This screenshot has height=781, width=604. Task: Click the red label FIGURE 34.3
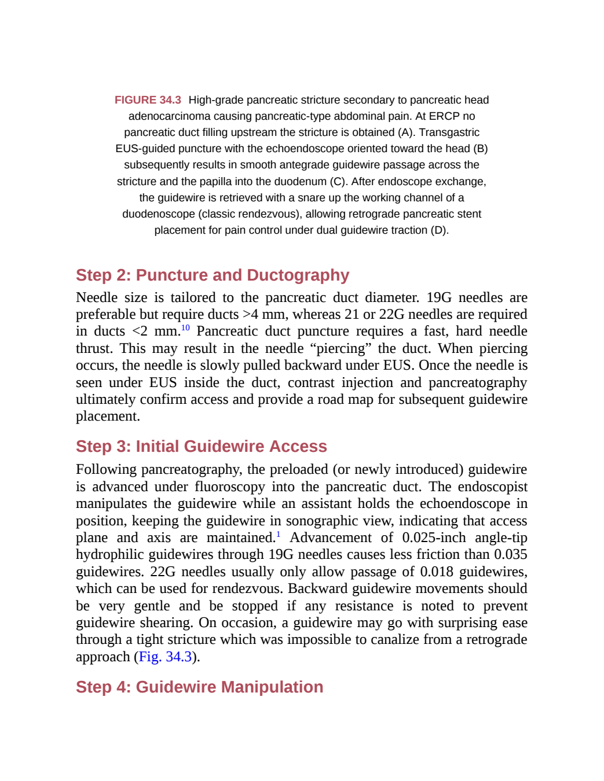click(148, 100)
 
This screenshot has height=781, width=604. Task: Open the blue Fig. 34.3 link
click(165, 657)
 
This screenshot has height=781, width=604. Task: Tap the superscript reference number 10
click(185, 327)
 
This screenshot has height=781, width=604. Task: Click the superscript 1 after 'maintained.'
click(278, 535)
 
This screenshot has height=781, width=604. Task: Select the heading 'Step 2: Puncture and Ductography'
click(213, 275)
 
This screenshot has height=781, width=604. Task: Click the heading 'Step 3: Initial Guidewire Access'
click(202, 447)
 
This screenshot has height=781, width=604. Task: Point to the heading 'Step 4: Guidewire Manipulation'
click(200, 687)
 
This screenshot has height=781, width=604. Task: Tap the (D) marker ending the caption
click(440, 230)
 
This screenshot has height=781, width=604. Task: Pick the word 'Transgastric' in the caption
click(449, 132)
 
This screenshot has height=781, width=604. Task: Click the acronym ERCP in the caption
click(445, 116)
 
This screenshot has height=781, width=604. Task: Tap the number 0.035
click(510, 555)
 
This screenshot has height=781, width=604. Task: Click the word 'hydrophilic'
click(109, 555)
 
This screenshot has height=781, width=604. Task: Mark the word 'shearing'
click(166, 623)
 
